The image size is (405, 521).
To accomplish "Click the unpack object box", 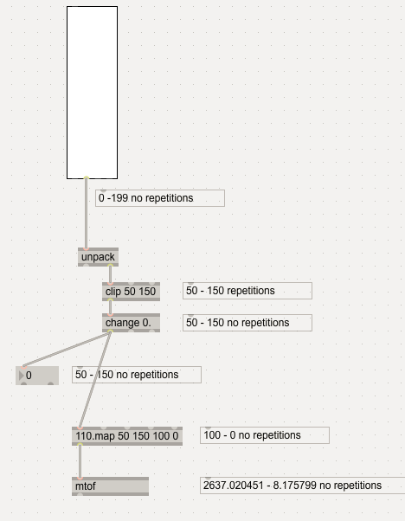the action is point(98,257).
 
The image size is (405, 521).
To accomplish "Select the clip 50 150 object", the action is point(131,292).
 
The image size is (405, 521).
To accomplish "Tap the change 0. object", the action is point(131,323).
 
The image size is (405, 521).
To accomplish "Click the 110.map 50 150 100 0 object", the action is point(127,436).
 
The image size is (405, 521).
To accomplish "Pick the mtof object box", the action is point(110,486).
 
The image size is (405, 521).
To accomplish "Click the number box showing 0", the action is point(37,376).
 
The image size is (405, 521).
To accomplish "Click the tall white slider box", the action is point(92,93).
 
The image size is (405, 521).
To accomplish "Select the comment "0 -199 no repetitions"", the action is point(160,198).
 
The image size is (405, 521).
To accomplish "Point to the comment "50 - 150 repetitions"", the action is point(247,291).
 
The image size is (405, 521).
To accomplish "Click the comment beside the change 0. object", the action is point(247,323).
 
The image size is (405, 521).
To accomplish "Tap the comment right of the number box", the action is point(137,375).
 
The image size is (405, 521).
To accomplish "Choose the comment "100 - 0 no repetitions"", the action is point(265,435).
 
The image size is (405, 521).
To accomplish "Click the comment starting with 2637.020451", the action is point(302,486).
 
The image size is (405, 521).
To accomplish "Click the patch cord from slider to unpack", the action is point(87,213).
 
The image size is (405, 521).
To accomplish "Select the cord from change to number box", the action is point(67,350).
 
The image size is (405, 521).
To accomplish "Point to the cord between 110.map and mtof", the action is point(80,461).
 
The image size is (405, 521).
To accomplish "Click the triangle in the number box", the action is point(22,376).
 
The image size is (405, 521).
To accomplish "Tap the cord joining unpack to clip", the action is point(110,274).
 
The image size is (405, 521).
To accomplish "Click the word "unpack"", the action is point(98,257).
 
